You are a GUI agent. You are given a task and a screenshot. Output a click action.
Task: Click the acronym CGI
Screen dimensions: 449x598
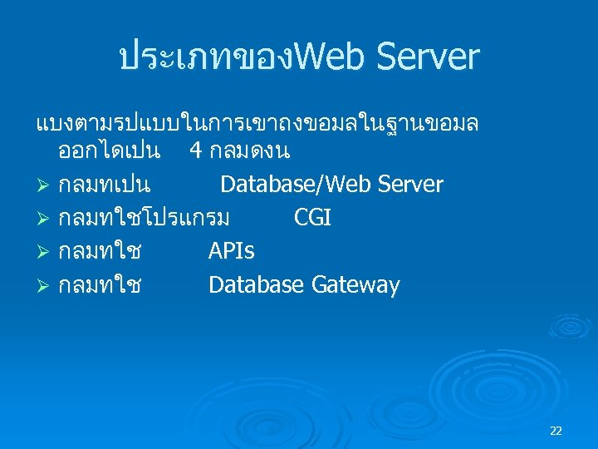(312, 218)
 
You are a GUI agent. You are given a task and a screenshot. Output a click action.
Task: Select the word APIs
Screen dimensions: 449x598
(232, 251)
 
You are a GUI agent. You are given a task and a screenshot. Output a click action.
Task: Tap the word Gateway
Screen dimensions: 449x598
(355, 285)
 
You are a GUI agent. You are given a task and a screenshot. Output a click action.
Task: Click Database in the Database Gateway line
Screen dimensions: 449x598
(257, 285)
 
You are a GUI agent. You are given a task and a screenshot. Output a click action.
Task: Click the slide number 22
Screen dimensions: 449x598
(556, 430)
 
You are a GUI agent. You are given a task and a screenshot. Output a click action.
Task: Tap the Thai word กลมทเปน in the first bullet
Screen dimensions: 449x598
(104, 185)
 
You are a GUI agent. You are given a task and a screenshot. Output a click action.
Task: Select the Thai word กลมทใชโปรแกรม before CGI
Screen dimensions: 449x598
(144, 218)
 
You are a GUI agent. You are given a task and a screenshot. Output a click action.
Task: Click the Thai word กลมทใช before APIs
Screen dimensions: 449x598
(99, 251)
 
